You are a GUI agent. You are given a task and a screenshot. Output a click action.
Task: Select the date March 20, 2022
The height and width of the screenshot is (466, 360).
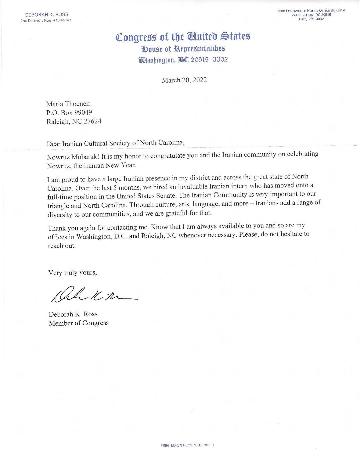tap(184, 80)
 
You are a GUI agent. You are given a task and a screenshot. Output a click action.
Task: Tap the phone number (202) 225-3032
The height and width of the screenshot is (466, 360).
tap(311, 19)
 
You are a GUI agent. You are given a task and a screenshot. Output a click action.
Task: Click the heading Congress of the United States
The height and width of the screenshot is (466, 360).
tap(183, 36)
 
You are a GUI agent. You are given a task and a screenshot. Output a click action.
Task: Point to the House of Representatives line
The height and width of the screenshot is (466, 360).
tap(183, 49)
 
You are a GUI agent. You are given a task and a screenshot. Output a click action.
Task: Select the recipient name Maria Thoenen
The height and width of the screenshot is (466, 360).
tap(68, 104)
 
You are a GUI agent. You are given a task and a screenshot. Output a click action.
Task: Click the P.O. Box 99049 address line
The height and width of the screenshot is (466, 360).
tap(69, 112)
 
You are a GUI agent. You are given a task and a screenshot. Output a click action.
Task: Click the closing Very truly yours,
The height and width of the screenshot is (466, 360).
tap(73, 273)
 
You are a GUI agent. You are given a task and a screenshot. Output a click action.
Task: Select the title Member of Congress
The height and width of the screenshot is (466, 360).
tap(79, 323)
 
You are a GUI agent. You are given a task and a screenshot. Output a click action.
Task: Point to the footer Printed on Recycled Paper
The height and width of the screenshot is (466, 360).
tap(187, 445)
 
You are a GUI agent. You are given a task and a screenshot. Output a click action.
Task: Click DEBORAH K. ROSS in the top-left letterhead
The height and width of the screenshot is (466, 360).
tap(47, 15)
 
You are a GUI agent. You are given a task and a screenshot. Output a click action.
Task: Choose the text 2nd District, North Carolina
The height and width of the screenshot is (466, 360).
tap(46, 20)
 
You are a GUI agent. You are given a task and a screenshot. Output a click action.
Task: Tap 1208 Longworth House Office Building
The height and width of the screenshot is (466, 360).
tap(311, 11)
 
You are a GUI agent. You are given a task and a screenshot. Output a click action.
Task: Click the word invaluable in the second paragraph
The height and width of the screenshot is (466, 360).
tap(187, 187)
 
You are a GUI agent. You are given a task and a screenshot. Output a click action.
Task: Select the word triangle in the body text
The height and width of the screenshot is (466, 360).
tap(59, 206)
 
